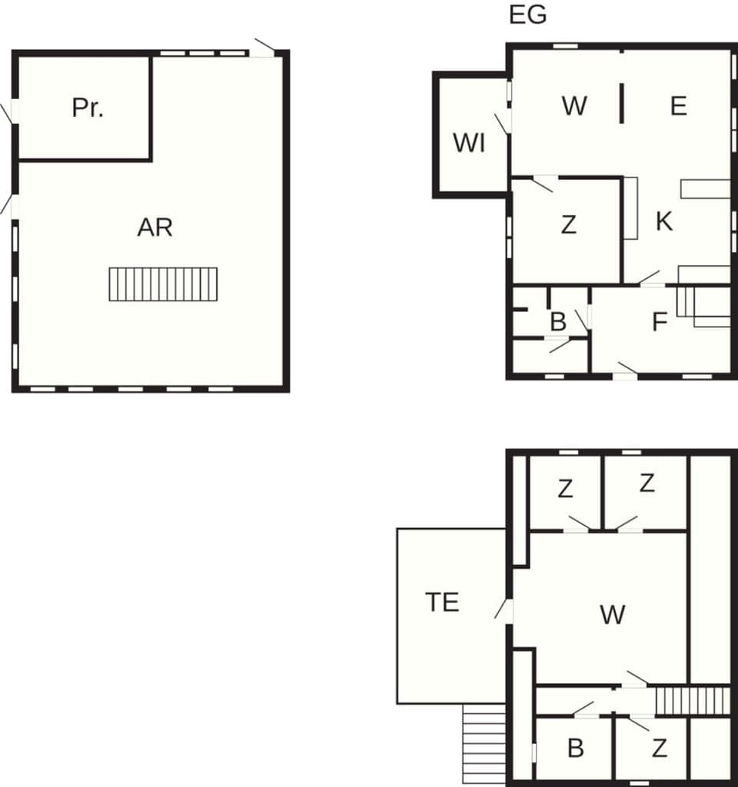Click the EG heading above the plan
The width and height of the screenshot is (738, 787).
point(528,15)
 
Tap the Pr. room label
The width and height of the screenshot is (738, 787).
point(88,108)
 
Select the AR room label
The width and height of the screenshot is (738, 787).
point(155,227)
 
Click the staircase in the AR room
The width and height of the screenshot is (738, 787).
point(163,284)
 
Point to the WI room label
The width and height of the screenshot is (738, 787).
point(469,143)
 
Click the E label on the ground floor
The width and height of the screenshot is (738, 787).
point(678,106)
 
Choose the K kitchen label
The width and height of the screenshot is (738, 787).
point(665,221)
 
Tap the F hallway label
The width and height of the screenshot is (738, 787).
point(659,322)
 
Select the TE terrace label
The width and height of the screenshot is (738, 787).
point(442,603)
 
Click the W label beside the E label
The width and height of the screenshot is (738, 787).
point(574,106)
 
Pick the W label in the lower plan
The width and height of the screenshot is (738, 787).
point(613,614)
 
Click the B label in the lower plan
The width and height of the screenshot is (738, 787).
point(575,749)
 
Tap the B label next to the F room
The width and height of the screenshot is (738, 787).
point(558,322)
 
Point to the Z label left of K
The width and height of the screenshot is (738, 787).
point(568,225)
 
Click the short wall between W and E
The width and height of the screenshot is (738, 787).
point(621,105)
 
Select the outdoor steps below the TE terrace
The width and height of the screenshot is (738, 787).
point(484,744)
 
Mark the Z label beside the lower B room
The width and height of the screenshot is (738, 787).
point(659,749)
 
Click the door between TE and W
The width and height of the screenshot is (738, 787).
point(507,611)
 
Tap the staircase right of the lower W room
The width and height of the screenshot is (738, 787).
point(692,701)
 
